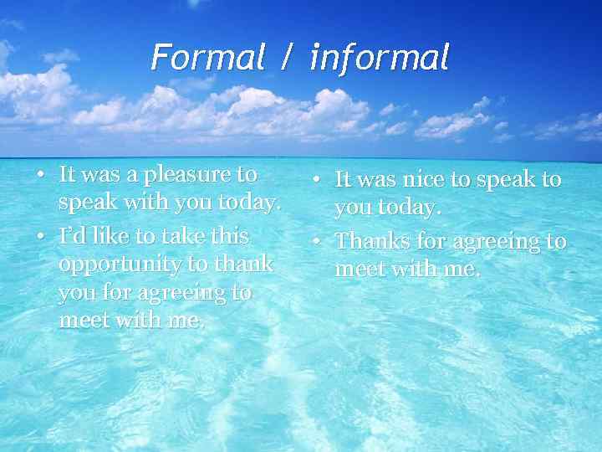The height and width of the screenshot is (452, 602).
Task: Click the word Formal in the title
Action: [x=205, y=58]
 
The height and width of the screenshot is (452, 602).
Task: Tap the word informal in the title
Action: [x=380, y=58]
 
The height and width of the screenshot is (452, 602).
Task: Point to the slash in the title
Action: [x=287, y=59]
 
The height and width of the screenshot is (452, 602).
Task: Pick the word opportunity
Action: [x=123, y=265]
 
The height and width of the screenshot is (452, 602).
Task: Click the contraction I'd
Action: [x=70, y=236]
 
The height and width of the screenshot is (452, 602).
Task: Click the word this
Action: [x=230, y=236]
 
